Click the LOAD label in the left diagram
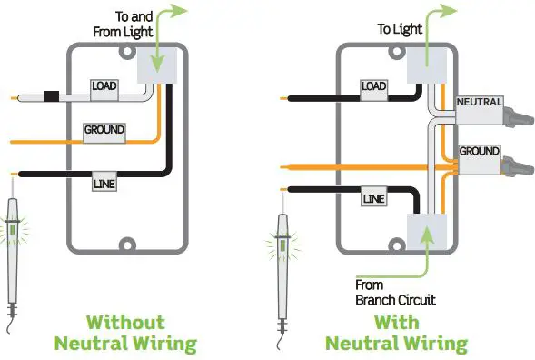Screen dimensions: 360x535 click(x=103, y=86)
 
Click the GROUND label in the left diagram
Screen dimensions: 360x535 click(x=104, y=131)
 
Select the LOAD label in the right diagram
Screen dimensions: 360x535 click(x=373, y=87)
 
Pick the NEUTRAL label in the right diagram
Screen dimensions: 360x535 click(x=479, y=103)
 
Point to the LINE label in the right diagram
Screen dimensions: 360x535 click(x=373, y=197)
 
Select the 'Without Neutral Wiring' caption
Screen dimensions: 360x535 click(x=125, y=333)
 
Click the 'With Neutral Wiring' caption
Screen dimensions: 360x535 click(x=396, y=333)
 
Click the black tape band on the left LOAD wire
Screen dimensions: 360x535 click(x=52, y=94)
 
